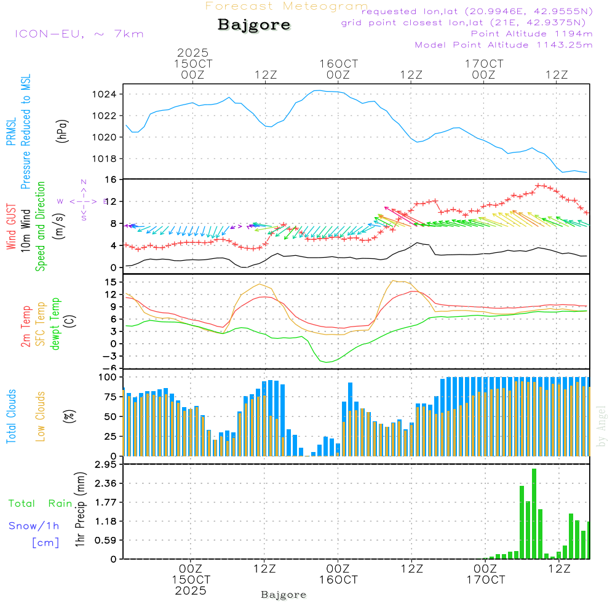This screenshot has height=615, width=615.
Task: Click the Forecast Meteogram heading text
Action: click(287, 6)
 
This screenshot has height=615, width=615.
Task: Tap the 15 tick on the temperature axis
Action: click(111, 282)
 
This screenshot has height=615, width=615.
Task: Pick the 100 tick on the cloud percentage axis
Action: click(108, 377)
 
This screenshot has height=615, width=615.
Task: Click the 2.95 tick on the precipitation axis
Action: click(106, 465)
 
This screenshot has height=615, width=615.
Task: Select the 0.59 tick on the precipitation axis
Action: click(106, 541)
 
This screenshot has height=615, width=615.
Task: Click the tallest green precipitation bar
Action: click(534, 514)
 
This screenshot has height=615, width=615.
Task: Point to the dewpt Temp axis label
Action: click(55, 323)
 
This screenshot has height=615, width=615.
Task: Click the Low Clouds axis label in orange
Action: click(41, 416)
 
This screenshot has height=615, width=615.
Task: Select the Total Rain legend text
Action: click(41, 504)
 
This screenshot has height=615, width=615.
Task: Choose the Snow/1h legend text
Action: click(34, 526)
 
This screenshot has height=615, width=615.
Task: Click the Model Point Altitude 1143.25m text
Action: click(504, 45)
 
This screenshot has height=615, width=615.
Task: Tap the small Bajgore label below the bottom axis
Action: click(284, 595)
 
